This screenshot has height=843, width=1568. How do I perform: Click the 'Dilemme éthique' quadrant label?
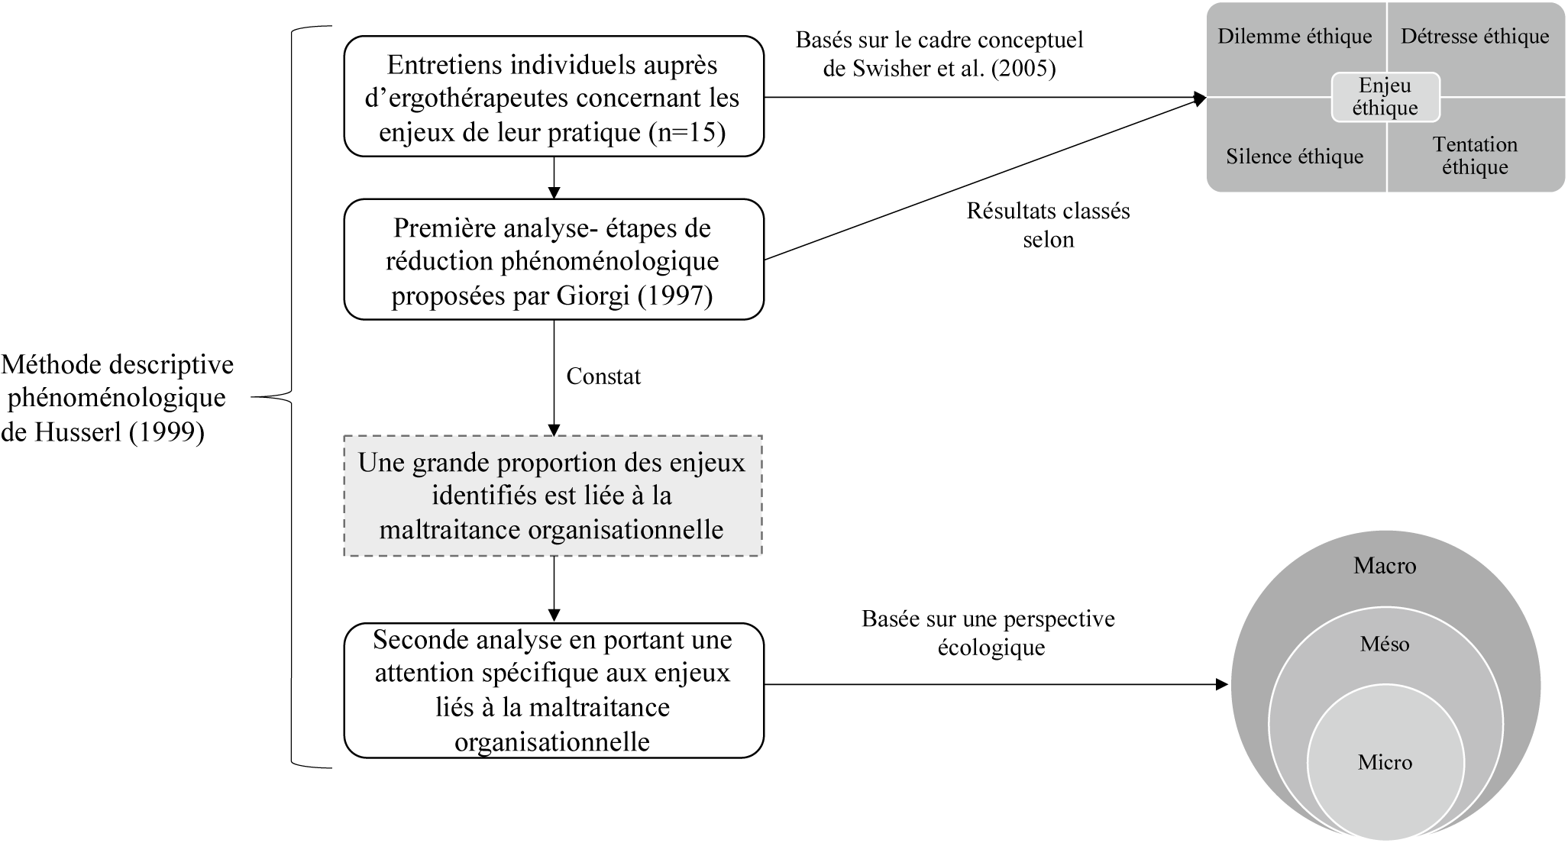click(1295, 37)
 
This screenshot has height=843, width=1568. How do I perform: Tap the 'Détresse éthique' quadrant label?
click(1475, 37)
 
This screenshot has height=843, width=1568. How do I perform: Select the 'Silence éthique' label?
click(1295, 157)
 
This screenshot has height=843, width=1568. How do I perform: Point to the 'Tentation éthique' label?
click(1475, 156)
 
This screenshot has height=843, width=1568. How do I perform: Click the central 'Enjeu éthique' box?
click(1385, 97)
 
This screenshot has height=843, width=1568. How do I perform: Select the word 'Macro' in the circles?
click(1385, 566)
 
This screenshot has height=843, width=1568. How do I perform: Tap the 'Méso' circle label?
click(1385, 644)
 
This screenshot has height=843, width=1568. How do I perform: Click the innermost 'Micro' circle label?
click(1385, 762)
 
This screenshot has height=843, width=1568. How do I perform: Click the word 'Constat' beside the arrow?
click(603, 376)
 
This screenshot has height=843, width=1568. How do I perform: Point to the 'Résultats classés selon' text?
click(1048, 225)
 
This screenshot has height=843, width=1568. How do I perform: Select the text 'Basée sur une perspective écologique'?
click(988, 633)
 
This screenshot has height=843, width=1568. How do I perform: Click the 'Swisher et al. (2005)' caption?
click(939, 69)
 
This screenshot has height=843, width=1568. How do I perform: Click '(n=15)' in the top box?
click(687, 132)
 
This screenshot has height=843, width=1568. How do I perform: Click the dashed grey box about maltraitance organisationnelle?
click(553, 496)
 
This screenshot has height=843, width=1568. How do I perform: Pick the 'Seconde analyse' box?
click(553, 690)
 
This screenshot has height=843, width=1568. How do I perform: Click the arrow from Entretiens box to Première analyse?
click(554, 177)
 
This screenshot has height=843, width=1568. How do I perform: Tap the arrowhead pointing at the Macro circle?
click(1221, 685)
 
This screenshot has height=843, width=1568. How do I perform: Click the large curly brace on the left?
click(292, 397)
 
